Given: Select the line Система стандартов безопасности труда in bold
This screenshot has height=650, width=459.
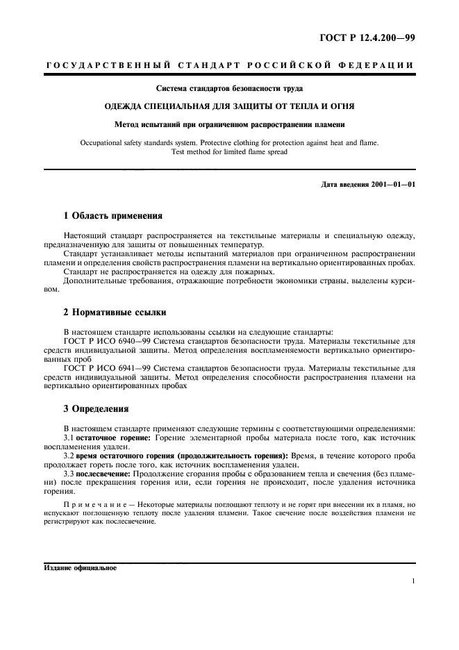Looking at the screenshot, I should (x=229, y=88).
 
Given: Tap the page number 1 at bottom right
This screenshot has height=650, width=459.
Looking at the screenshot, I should (x=412, y=582).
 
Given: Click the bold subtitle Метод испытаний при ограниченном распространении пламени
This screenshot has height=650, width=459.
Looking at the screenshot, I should (x=229, y=125).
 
